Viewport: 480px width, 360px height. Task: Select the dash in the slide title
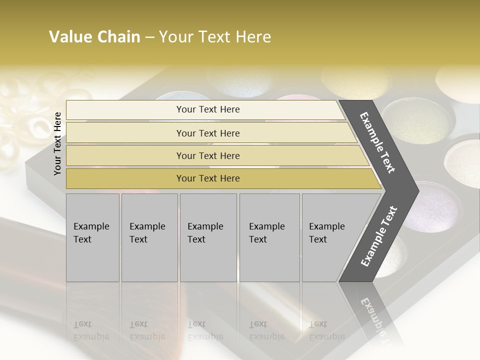point(149,37)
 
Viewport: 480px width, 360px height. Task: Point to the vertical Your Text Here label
point(57,143)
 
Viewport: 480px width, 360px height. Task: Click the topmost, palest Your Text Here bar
point(208,109)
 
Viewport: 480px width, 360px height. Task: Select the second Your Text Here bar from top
point(208,133)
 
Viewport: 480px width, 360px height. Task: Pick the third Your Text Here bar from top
point(208,155)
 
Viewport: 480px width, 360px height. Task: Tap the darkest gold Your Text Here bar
point(208,178)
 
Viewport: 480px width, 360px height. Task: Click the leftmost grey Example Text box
point(92,237)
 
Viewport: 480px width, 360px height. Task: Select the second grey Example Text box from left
point(149,237)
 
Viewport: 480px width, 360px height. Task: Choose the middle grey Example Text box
point(208,237)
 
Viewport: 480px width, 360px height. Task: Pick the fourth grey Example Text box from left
point(269,237)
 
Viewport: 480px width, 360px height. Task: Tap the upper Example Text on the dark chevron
point(378,142)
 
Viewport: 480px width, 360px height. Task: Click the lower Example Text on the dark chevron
point(379,236)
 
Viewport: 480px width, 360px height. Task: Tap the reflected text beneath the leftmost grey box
point(91,330)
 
